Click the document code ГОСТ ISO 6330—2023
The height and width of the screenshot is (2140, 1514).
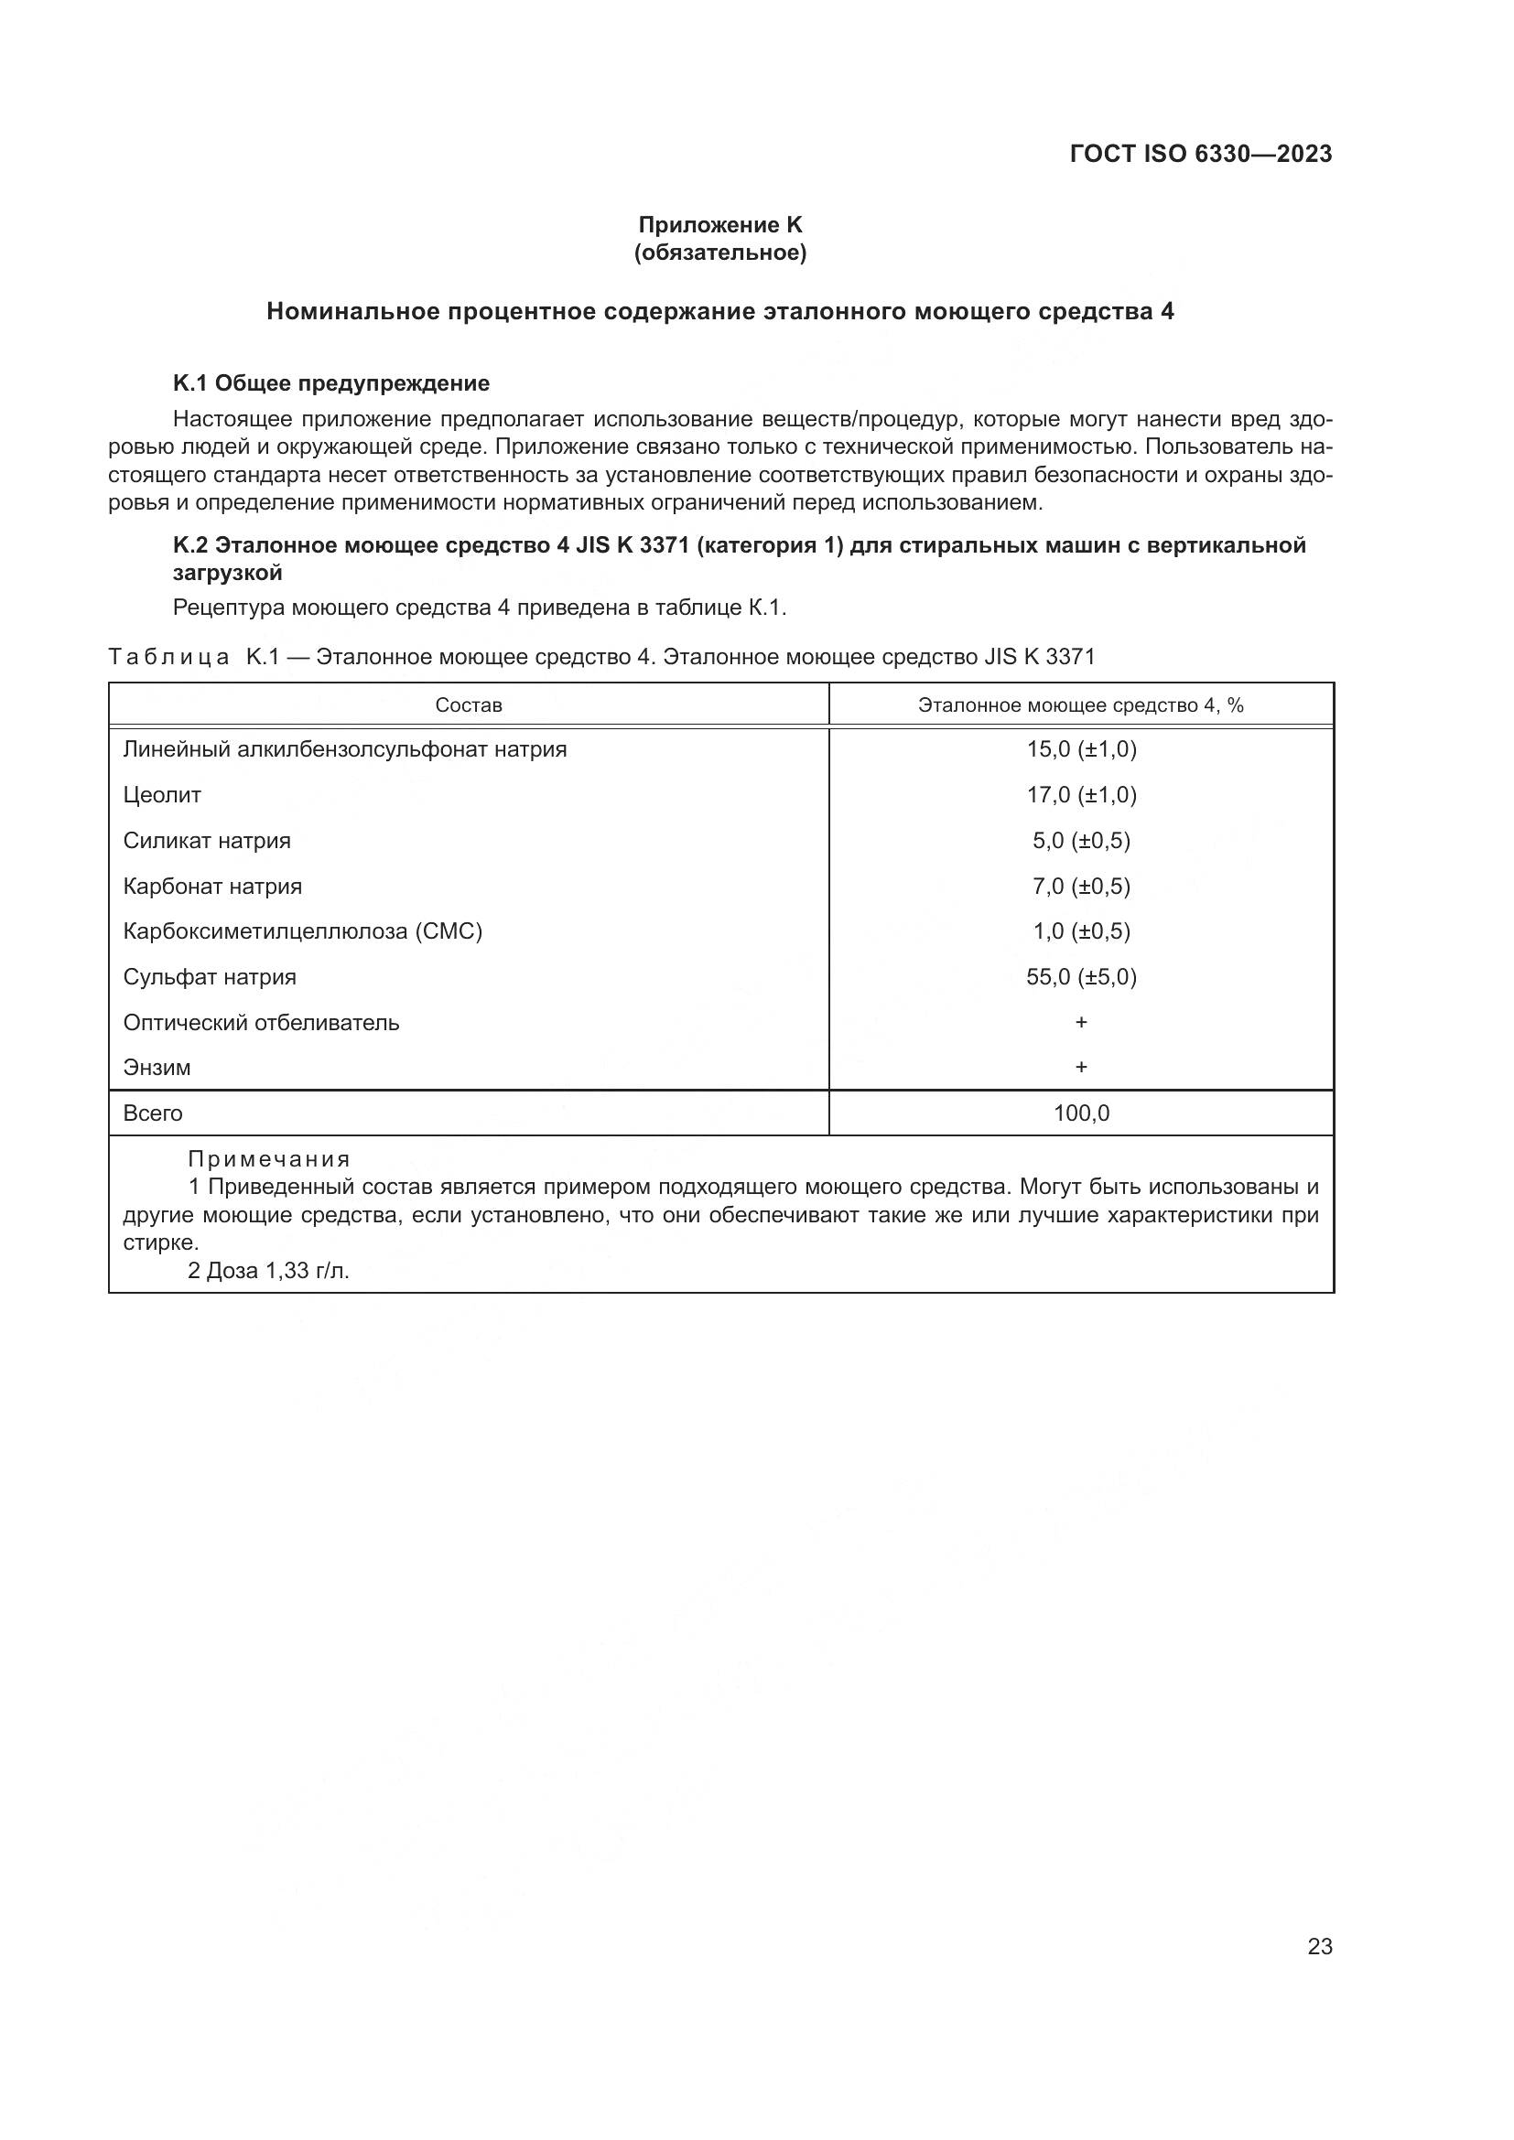(1201, 155)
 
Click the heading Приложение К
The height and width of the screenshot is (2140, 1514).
(719, 225)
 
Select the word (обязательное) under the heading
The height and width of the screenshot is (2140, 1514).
(719, 253)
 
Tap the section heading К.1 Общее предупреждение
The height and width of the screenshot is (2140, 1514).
(331, 383)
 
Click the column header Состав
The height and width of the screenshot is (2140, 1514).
(468, 705)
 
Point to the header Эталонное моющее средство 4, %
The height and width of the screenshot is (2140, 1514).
(1080, 705)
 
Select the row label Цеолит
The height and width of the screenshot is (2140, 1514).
(162, 795)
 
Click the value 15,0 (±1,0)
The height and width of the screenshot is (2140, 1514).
(1081, 749)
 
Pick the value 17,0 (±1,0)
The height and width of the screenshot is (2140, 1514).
(1081, 795)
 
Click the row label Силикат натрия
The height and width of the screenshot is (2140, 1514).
(207, 841)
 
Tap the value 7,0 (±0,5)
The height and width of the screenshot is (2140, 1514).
(1081, 887)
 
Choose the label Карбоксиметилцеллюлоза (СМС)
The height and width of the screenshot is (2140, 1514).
(303, 931)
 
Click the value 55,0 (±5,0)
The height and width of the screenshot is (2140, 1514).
(1081, 977)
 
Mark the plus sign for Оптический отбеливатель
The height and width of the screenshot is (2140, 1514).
(1081, 1023)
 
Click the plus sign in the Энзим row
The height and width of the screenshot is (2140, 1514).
(1081, 1067)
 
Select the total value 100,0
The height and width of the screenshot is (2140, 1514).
(1081, 1113)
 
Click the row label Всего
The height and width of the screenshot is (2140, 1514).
(153, 1113)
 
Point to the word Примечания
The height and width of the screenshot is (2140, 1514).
(268, 1159)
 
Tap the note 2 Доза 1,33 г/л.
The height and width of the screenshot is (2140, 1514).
(268, 1271)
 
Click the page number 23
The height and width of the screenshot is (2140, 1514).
(1319, 1947)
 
